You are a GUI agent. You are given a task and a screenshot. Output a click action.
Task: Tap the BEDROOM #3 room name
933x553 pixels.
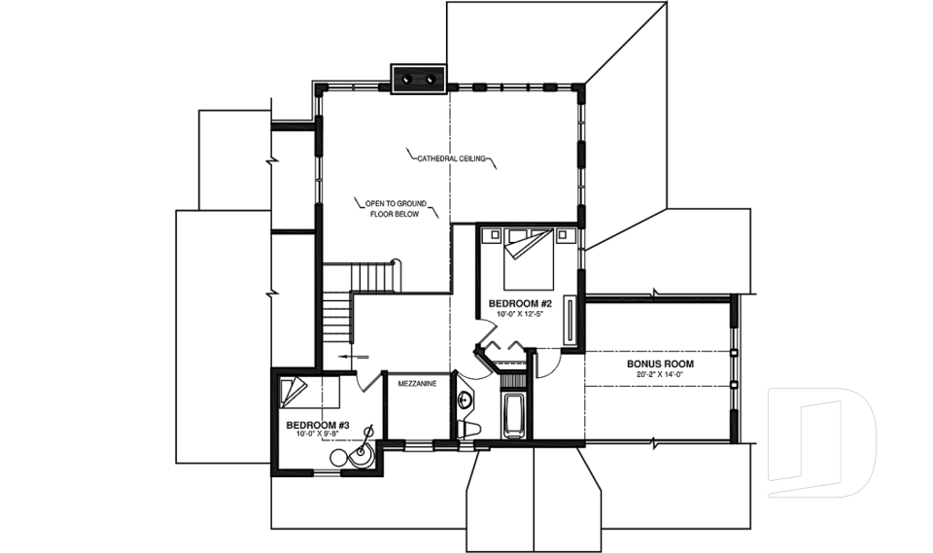point(317,426)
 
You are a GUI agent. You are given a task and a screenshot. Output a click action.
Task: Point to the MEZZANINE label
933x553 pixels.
point(417,384)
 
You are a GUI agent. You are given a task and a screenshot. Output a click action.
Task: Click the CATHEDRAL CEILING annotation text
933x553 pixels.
point(450,158)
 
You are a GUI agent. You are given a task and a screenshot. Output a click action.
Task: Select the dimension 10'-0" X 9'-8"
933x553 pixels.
point(317,435)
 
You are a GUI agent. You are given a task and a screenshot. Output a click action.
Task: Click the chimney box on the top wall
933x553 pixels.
point(418,79)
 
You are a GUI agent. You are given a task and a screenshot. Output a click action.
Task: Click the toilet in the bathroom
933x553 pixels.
point(469,429)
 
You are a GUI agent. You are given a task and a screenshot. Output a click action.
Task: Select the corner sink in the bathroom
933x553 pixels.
point(465,398)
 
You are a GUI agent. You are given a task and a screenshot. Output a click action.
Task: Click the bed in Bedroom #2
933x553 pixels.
point(529,258)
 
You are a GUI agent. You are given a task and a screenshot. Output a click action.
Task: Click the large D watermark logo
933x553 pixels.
point(821,442)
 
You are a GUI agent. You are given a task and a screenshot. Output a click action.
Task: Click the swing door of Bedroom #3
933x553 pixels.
point(367,379)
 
